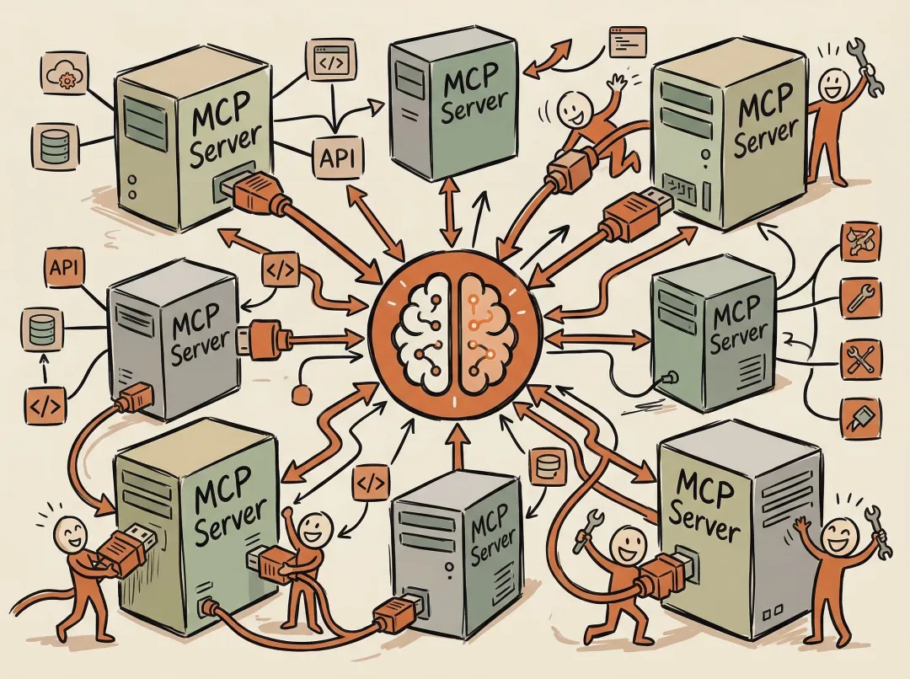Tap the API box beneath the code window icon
click(x=335, y=157)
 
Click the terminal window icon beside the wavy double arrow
click(x=627, y=40)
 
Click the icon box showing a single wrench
click(x=862, y=297)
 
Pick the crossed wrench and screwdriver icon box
click(x=862, y=356)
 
